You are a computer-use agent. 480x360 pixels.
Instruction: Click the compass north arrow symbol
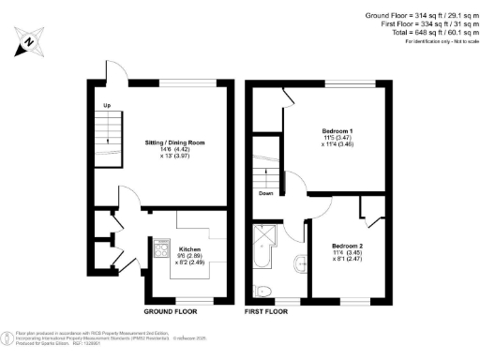[30, 42]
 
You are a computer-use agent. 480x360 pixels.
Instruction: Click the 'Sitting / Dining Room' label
[174, 142]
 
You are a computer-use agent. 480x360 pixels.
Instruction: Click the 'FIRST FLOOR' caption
[269, 310]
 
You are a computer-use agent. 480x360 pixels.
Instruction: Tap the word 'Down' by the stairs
[266, 194]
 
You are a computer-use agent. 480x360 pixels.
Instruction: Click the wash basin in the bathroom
[299, 262]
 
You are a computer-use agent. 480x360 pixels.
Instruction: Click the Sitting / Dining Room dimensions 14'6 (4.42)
[173, 149]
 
